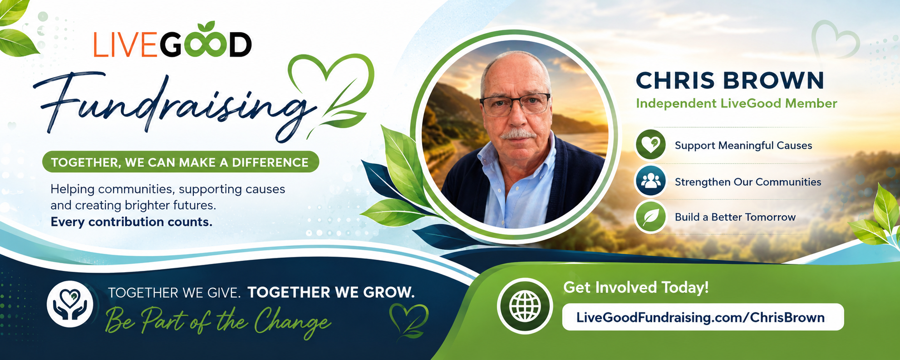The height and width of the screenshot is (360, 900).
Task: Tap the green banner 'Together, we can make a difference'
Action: (180, 162)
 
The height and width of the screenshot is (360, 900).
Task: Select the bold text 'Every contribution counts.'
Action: (131, 222)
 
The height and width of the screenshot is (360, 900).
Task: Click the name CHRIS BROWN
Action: (730, 80)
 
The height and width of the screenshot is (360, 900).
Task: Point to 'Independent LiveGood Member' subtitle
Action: (736, 104)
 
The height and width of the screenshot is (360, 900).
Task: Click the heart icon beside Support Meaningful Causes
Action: (650, 145)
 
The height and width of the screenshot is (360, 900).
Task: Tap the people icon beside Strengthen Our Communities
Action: (650, 181)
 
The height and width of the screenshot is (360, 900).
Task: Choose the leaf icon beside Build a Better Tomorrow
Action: (650, 217)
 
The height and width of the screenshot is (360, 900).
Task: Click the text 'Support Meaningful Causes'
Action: (743, 146)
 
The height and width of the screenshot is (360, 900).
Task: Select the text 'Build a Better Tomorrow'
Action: (735, 217)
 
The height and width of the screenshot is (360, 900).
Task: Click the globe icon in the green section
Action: (525, 306)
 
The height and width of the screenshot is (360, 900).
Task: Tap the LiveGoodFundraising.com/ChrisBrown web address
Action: (700, 317)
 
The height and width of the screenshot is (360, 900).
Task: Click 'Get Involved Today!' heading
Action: (636, 287)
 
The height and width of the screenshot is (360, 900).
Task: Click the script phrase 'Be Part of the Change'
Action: (218, 322)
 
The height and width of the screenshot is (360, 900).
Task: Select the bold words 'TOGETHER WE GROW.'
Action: (331, 292)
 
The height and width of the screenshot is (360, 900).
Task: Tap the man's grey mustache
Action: (519, 134)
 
